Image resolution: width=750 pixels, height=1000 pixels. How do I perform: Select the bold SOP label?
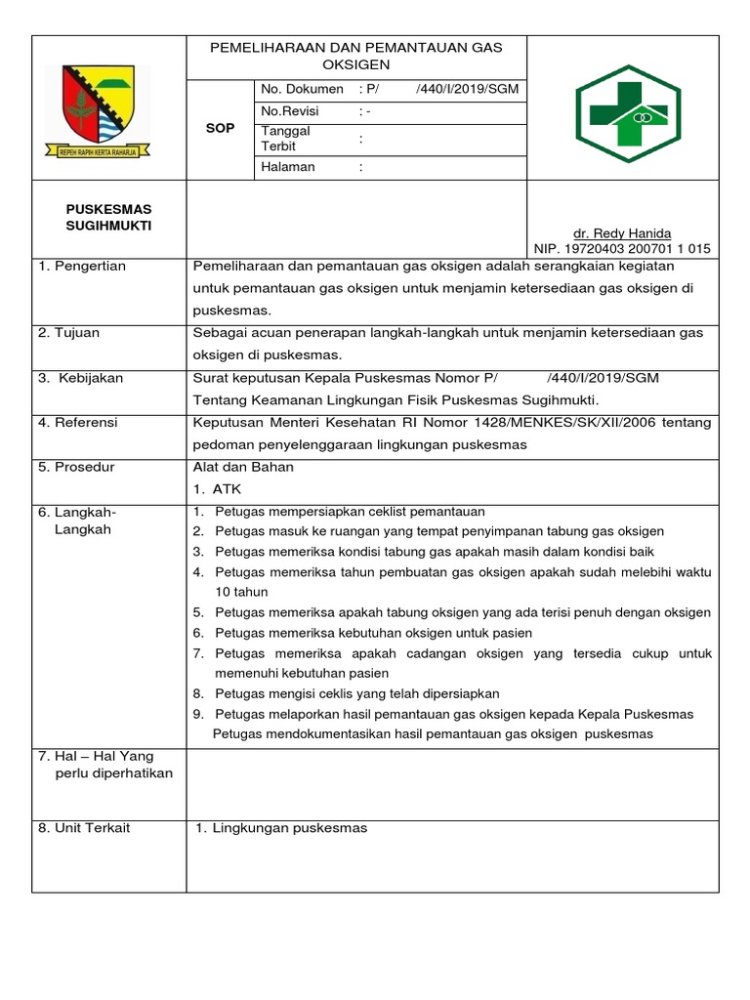(x=221, y=128)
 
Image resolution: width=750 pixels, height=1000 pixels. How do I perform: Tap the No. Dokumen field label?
(x=302, y=89)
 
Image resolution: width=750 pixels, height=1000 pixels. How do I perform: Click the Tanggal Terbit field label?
(x=285, y=139)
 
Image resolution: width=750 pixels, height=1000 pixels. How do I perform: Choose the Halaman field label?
(x=288, y=166)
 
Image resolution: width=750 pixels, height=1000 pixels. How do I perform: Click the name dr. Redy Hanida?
(x=622, y=233)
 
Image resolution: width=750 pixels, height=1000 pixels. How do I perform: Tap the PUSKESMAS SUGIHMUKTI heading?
(x=108, y=218)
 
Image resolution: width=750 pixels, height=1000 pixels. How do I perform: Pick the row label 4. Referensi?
(x=78, y=423)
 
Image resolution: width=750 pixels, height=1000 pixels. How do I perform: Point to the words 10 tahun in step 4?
(x=241, y=592)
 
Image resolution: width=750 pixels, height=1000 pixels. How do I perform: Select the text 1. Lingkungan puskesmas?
(x=281, y=828)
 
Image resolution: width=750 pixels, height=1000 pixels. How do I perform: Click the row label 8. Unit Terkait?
(x=84, y=828)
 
